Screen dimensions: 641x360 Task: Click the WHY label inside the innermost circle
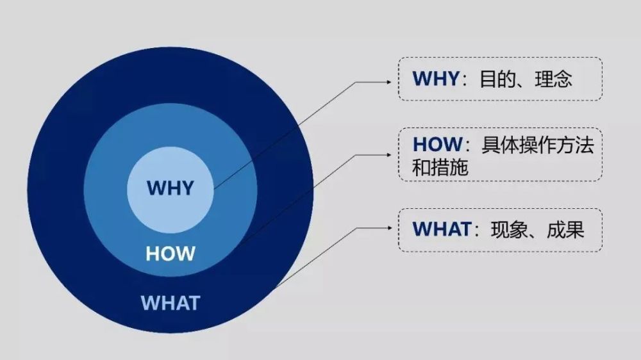click(x=170, y=188)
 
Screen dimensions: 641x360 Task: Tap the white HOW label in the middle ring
click(x=171, y=254)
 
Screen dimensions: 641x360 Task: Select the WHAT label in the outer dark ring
click(x=171, y=303)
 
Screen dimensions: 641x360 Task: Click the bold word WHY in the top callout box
click(x=436, y=78)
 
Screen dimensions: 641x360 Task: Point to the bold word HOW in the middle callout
click(x=437, y=144)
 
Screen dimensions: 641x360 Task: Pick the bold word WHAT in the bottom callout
click(x=442, y=229)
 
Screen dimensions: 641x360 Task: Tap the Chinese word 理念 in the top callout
click(x=554, y=79)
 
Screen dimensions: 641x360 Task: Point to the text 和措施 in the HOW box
click(x=440, y=168)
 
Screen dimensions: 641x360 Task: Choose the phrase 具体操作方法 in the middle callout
click(x=538, y=145)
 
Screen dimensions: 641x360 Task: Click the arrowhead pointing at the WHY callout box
click(x=389, y=82)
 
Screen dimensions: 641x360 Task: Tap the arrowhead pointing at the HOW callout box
click(x=389, y=155)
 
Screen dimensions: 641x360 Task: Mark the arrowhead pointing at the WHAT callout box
click(x=389, y=228)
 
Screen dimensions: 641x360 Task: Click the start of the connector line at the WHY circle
click(x=214, y=189)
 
